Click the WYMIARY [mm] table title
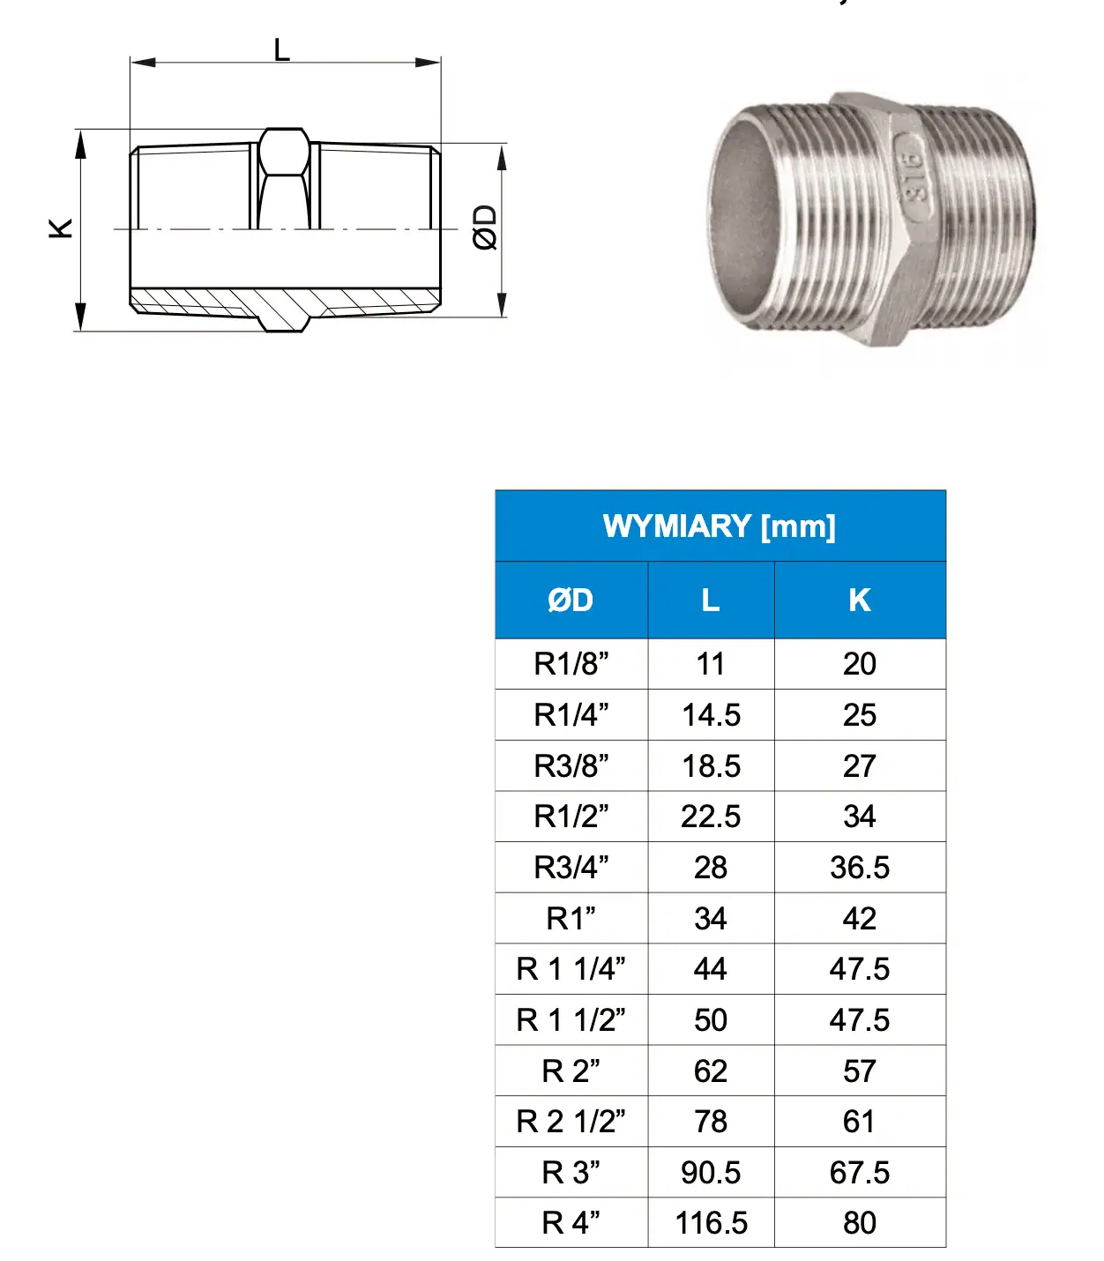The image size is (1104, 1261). tap(719, 527)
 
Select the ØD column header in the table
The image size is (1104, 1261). tap(571, 601)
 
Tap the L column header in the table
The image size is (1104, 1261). tap(711, 601)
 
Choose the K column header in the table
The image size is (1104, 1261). tap(860, 601)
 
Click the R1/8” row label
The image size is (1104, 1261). tap(571, 664)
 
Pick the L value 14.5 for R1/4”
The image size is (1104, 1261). tap(711, 715)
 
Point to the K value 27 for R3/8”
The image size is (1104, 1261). tap(860, 766)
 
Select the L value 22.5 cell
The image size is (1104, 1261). tap(711, 817)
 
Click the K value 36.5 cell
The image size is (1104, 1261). tap(860, 868)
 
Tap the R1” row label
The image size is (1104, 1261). tap(571, 919)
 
